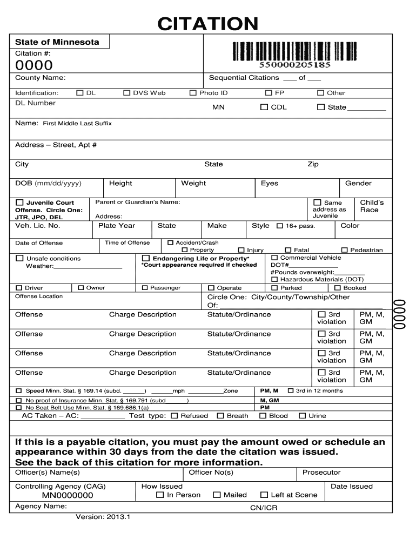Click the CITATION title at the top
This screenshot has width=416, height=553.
point(207,24)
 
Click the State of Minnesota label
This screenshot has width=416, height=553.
point(57,42)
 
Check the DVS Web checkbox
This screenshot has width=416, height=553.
point(127,93)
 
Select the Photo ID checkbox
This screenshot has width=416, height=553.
point(193,93)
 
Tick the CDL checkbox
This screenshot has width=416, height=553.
point(264,107)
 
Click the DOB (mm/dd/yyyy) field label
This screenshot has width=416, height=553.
point(48,183)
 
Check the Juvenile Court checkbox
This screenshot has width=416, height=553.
point(19,203)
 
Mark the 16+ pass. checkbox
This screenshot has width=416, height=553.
point(279,226)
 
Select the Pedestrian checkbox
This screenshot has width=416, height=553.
point(345,250)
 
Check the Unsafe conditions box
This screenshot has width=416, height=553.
point(19,258)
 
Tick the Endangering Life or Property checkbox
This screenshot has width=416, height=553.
point(145,258)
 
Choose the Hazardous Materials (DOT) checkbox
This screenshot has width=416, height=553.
point(274,279)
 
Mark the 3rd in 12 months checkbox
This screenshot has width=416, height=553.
point(290,390)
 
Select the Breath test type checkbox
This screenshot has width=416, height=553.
point(220,416)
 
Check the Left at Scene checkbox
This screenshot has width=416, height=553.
point(264,495)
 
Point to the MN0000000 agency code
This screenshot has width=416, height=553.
point(68,495)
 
